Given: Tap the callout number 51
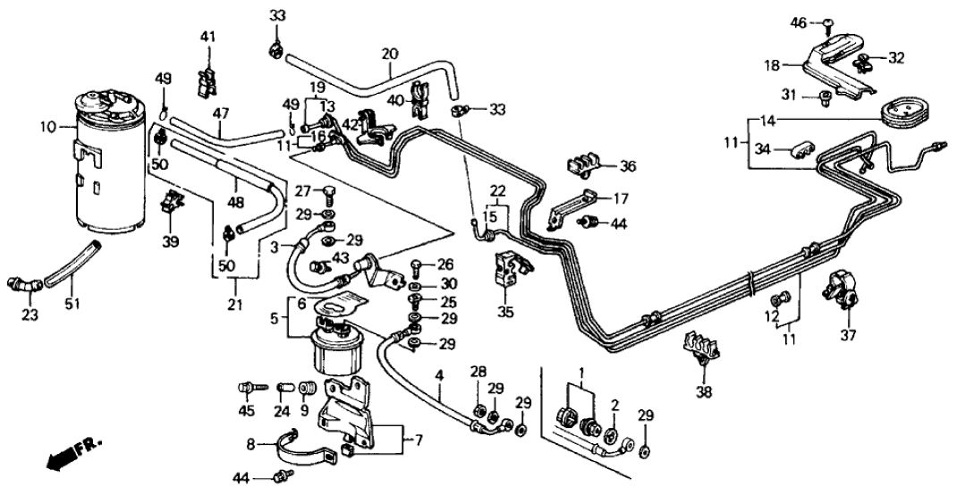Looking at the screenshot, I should pos(72,304).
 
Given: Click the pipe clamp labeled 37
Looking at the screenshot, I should pos(843,285).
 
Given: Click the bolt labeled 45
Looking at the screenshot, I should pos(248,388).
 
